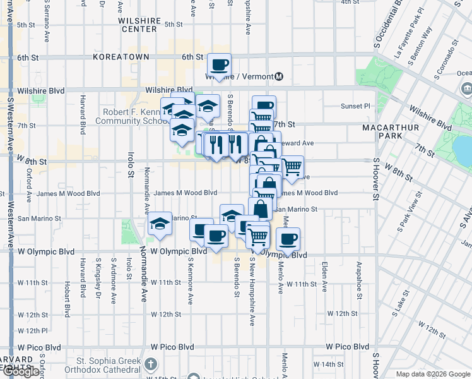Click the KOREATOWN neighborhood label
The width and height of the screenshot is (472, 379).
pyautogui.click(x=121, y=57)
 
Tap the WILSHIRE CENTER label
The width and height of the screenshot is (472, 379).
pyautogui.click(x=138, y=25)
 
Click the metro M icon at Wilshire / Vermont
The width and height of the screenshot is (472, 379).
pyautogui.click(x=279, y=76)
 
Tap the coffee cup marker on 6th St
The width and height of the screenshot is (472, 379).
pyautogui.click(x=219, y=64)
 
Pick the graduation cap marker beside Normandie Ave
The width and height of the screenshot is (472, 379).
pyautogui.click(x=160, y=224)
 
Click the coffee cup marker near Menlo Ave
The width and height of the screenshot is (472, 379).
pyautogui.click(x=288, y=239)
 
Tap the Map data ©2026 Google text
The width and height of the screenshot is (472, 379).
pyautogui.click(x=432, y=374)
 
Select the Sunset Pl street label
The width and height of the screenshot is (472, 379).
pyautogui.click(x=355, y=106)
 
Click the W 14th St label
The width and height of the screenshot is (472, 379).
pyautogui.click(x=331, y=364)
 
